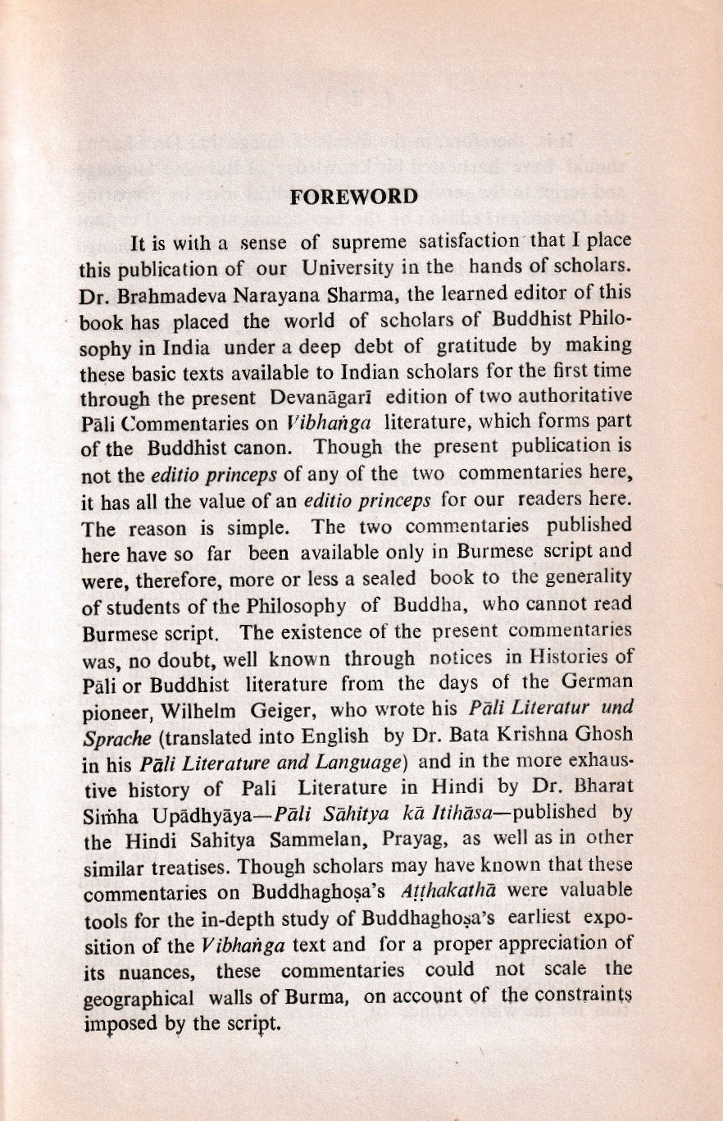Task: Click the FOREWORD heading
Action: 355,198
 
